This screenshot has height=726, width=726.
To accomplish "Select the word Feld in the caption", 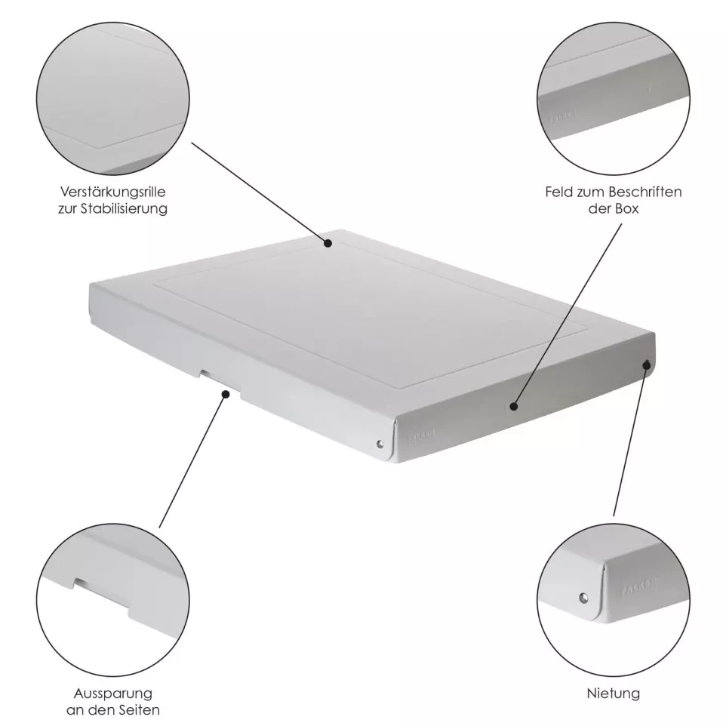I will pyautogui.click(x=559, y=192).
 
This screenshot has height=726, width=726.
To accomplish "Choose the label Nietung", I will pyautogui.click(x=613, y=693).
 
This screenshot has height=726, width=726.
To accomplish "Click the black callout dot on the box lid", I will pyautogui.click(x=328, y=243).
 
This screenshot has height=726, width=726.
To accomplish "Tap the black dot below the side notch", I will pyautogui.click(x=224, y=393).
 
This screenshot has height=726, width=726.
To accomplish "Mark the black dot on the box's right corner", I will pyautogui.click(x=647, y=365).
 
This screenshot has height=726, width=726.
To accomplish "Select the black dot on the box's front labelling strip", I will pyautogui.click(x=513, y=406).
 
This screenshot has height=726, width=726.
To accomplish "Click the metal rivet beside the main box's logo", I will pyautogui.click(x=380, y=445).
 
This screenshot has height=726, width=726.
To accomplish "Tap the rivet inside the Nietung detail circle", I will pyautogui.click(x=583, y=598).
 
